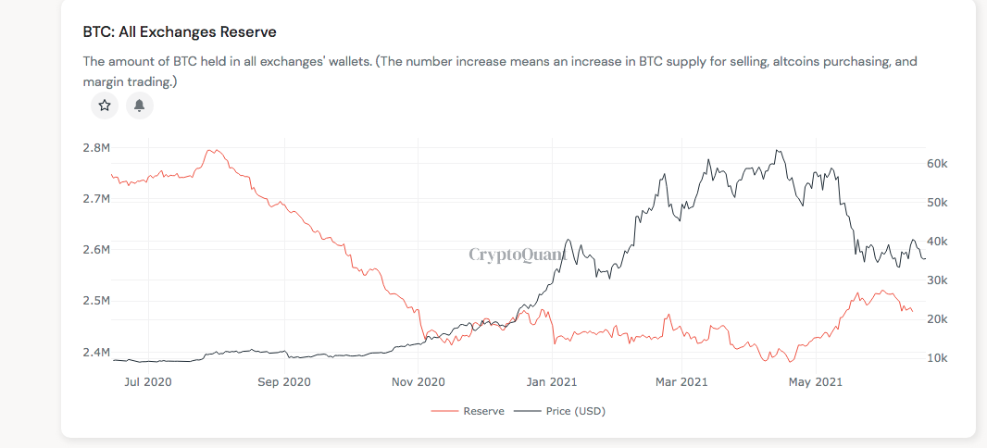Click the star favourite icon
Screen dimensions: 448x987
[105, 106]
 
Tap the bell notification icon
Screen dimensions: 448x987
[139, 106]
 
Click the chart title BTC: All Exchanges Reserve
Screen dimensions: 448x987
[180, 32]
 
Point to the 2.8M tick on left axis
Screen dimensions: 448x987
[96, 148]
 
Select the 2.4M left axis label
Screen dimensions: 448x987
[96, 353]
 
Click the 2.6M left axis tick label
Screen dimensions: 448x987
[96, 250]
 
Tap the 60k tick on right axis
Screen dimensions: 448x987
[937, 164]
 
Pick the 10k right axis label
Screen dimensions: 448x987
[937, 358]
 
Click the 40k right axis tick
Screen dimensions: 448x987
[937, 242]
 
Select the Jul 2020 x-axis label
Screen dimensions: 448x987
[148, 380]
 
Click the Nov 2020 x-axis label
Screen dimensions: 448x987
[418, 380]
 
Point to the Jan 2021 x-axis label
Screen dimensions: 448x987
[552, 380]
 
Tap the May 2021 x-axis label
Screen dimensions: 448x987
[815, 380]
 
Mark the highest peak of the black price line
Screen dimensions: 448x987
[779, 151]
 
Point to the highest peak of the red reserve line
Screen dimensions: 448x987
[212, 150]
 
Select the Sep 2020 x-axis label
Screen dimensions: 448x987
[283, 380]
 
